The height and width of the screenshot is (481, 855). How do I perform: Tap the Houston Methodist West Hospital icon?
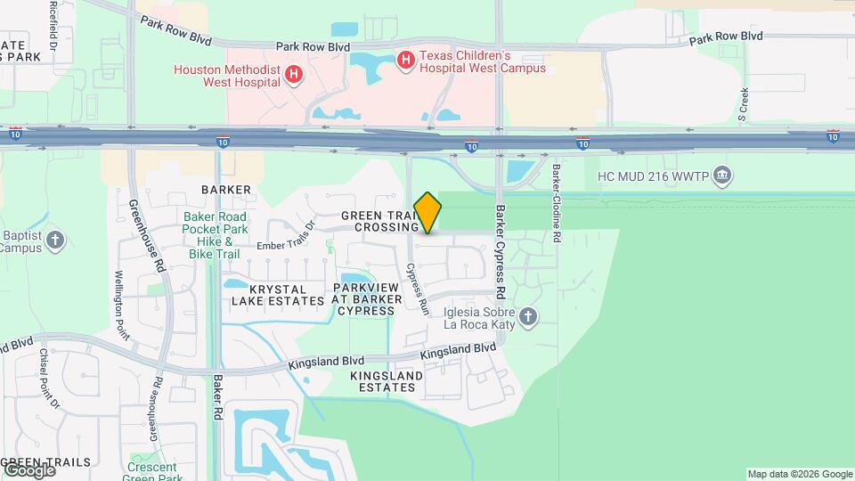[x=294, y=77]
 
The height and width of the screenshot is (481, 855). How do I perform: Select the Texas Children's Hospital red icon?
[x=406, y=61]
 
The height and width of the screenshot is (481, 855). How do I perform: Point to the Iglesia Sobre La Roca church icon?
[x=528, y=317]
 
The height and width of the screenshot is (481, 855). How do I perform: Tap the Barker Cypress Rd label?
[x=501, y=253]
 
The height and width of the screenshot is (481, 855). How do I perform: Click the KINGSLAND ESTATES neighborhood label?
[x=387, y=382]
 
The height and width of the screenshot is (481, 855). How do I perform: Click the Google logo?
[x=28, y=469]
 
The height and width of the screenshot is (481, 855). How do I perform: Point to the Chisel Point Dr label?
[x=48, y=378]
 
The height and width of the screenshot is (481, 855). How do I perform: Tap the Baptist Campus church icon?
[x=55, y=240]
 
